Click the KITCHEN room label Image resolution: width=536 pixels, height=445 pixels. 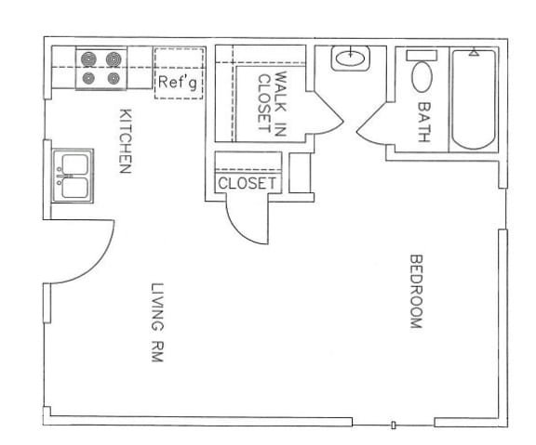click(125, 141)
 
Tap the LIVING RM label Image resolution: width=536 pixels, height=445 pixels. click(157, 322)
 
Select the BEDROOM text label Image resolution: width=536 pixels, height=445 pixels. click(416, 291)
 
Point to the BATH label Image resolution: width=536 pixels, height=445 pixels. click(424, 122)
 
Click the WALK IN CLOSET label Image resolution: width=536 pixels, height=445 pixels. click(272, 103)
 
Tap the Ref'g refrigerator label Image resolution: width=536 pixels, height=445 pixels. click(178, 83)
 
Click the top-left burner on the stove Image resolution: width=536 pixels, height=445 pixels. click(89, 59)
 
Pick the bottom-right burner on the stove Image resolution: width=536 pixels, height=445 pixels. click(114, 78)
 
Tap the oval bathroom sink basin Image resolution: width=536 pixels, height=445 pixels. click(351, 59)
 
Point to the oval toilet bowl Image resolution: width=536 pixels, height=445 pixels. click(422, 77)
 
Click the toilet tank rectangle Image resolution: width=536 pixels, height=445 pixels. click(422, 56)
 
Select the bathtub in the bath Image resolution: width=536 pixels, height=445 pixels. click(474, 99)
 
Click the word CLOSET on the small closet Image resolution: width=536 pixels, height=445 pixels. click(247, 184)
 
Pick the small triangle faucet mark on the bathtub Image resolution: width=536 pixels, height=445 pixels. click(474, 52)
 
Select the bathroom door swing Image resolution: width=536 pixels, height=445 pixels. click(371, 124)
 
